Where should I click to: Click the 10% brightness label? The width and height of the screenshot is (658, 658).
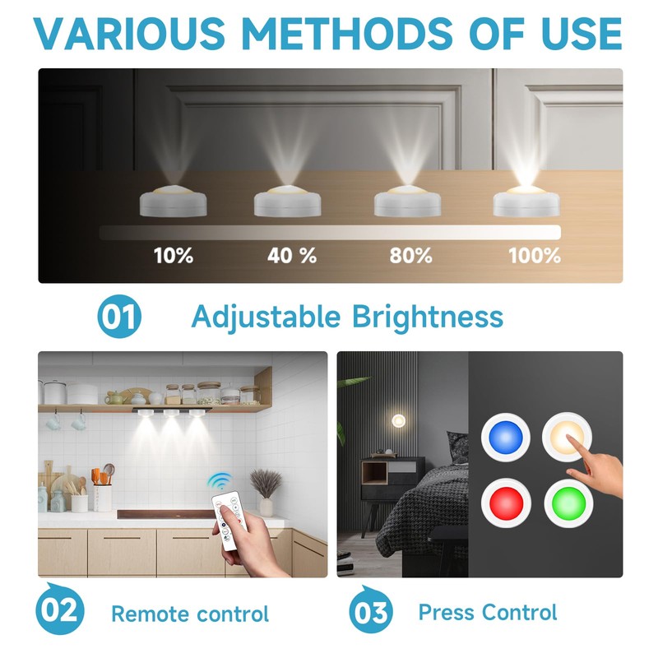click(x=174, y=255)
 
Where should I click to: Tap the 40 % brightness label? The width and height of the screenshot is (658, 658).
click(x=292, y=255)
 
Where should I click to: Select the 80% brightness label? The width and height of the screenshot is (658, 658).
click(x=411, y=255)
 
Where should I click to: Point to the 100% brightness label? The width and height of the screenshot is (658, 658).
click(x=535, y=255)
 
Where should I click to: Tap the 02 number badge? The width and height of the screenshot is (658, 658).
click(x=60, y=610)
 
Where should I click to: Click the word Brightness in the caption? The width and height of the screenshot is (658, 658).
click(x=428, y=317)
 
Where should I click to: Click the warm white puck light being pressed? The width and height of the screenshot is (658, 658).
click(x=569, y=438)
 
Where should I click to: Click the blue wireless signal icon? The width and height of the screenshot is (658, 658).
click(x=218, y=481)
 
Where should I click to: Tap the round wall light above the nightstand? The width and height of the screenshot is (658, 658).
click(x=399, y=421)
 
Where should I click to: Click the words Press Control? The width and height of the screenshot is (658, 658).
click(x=487, y=613)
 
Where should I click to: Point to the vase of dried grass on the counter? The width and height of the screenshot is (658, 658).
click(x=266, y=490)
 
